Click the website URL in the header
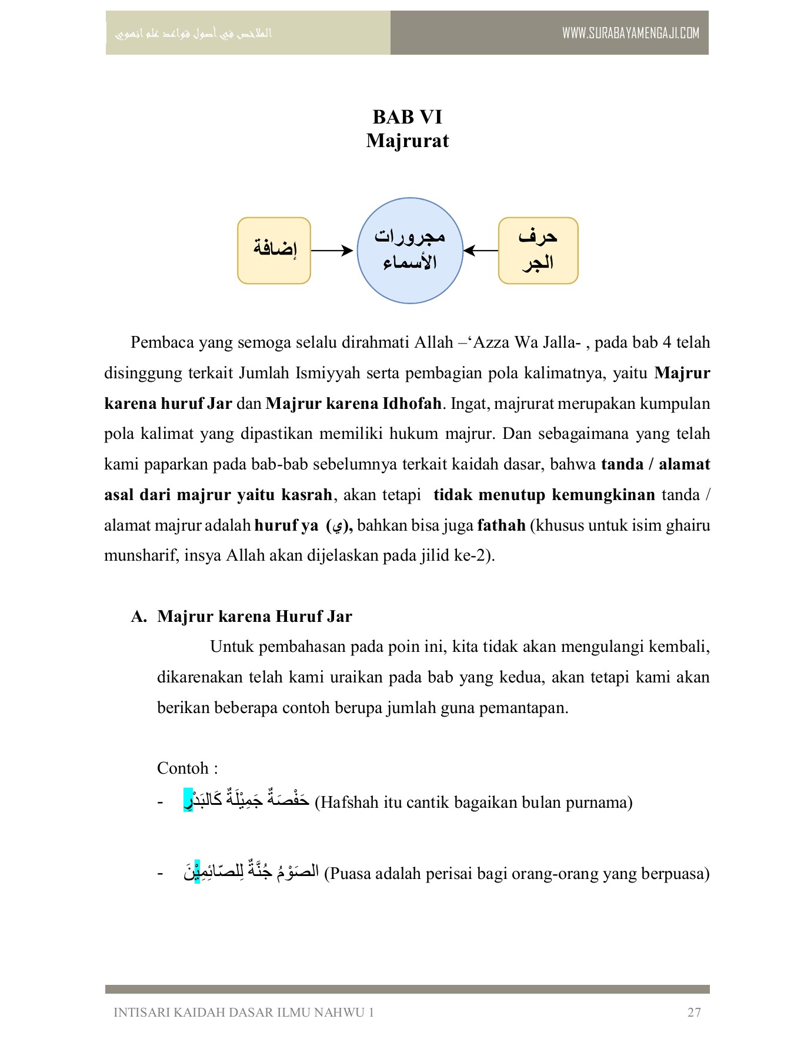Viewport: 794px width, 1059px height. (630, 33)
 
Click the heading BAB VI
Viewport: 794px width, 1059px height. (407, 117)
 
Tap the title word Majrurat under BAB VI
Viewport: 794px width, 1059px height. (407, 141)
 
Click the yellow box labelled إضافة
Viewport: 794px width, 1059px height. (274, 251)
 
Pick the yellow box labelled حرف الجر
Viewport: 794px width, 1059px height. (538, 251)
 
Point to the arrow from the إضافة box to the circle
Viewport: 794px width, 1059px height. (332, 251)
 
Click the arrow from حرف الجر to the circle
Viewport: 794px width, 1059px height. (481, 251)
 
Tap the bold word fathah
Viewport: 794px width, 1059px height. (501, 525)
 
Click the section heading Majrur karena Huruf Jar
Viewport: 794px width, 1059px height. (254, 617)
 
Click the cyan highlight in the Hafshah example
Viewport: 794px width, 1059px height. (188, 801)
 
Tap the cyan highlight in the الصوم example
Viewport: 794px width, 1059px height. (197, 871)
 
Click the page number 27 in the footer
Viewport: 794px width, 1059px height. (693, 1013)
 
